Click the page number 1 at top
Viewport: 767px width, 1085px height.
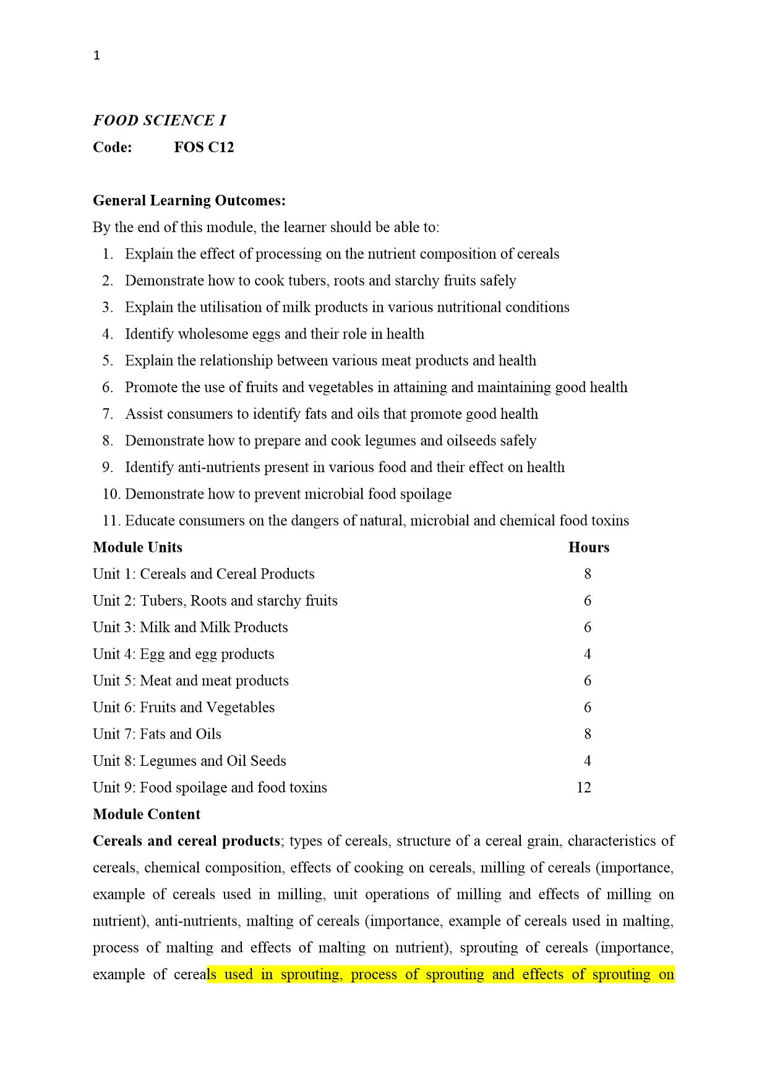coord(96,56)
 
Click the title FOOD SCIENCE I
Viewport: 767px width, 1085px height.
coord(160,121)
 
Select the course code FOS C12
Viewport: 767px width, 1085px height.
coord(204,147)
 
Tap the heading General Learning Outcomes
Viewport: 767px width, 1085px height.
coord(189,200)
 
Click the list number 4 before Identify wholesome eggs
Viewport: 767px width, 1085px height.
coord(108,334)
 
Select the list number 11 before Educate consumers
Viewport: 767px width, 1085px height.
coord(110,520)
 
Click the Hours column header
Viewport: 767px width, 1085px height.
coord(588,547)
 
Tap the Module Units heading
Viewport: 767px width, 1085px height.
coord(137,547)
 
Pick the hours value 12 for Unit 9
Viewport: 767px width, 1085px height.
coord(583,787)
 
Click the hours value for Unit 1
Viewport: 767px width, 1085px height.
coord(588,574)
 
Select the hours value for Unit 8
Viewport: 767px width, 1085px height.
coord(588,761)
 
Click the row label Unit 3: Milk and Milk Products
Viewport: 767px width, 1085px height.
coord(191,627)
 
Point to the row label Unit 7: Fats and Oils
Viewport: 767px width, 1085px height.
coord(157,734)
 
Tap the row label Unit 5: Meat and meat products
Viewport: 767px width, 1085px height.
coord(191,680)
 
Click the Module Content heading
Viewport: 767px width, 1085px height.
coord(147,814)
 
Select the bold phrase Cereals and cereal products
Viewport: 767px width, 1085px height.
coord(186,841)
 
